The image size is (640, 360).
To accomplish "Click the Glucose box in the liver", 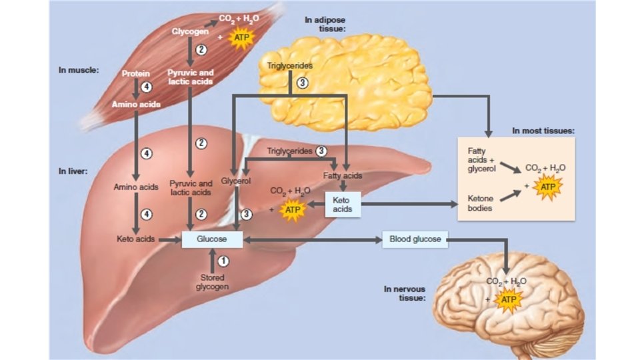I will [x=212, y=239].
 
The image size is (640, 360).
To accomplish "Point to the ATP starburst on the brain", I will [x=509, y=300].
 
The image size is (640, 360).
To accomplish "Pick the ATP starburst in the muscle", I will [x=241, y=38].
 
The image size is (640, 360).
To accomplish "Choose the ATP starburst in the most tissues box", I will [x=548, y=188].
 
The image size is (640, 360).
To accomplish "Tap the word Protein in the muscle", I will [x=136, y=73].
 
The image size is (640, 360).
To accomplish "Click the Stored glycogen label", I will [x=212, y=282].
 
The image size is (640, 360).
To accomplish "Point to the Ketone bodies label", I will [x=481, y=203].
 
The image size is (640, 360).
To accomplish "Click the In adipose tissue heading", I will [x=325, y=25].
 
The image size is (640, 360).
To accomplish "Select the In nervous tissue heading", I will [x=404, y=293].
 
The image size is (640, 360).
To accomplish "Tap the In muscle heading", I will [x=79, y=69].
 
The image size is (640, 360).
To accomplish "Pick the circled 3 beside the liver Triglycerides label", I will [x=321, y=151].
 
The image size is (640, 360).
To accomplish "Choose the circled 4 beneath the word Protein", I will [x=146, y=87].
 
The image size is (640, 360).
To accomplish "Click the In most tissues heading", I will [x=543, y=131].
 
